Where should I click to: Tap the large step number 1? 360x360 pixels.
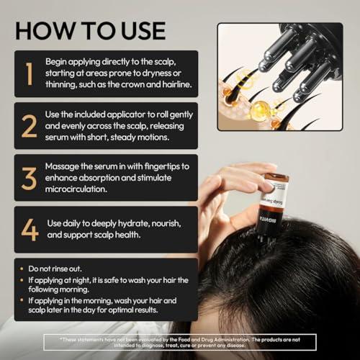(x=27, y=74)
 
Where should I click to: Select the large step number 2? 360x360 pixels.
(x=28, y=125)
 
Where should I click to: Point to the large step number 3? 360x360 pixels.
(x=28, y=176)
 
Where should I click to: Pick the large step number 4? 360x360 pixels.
(x=29, y=228)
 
